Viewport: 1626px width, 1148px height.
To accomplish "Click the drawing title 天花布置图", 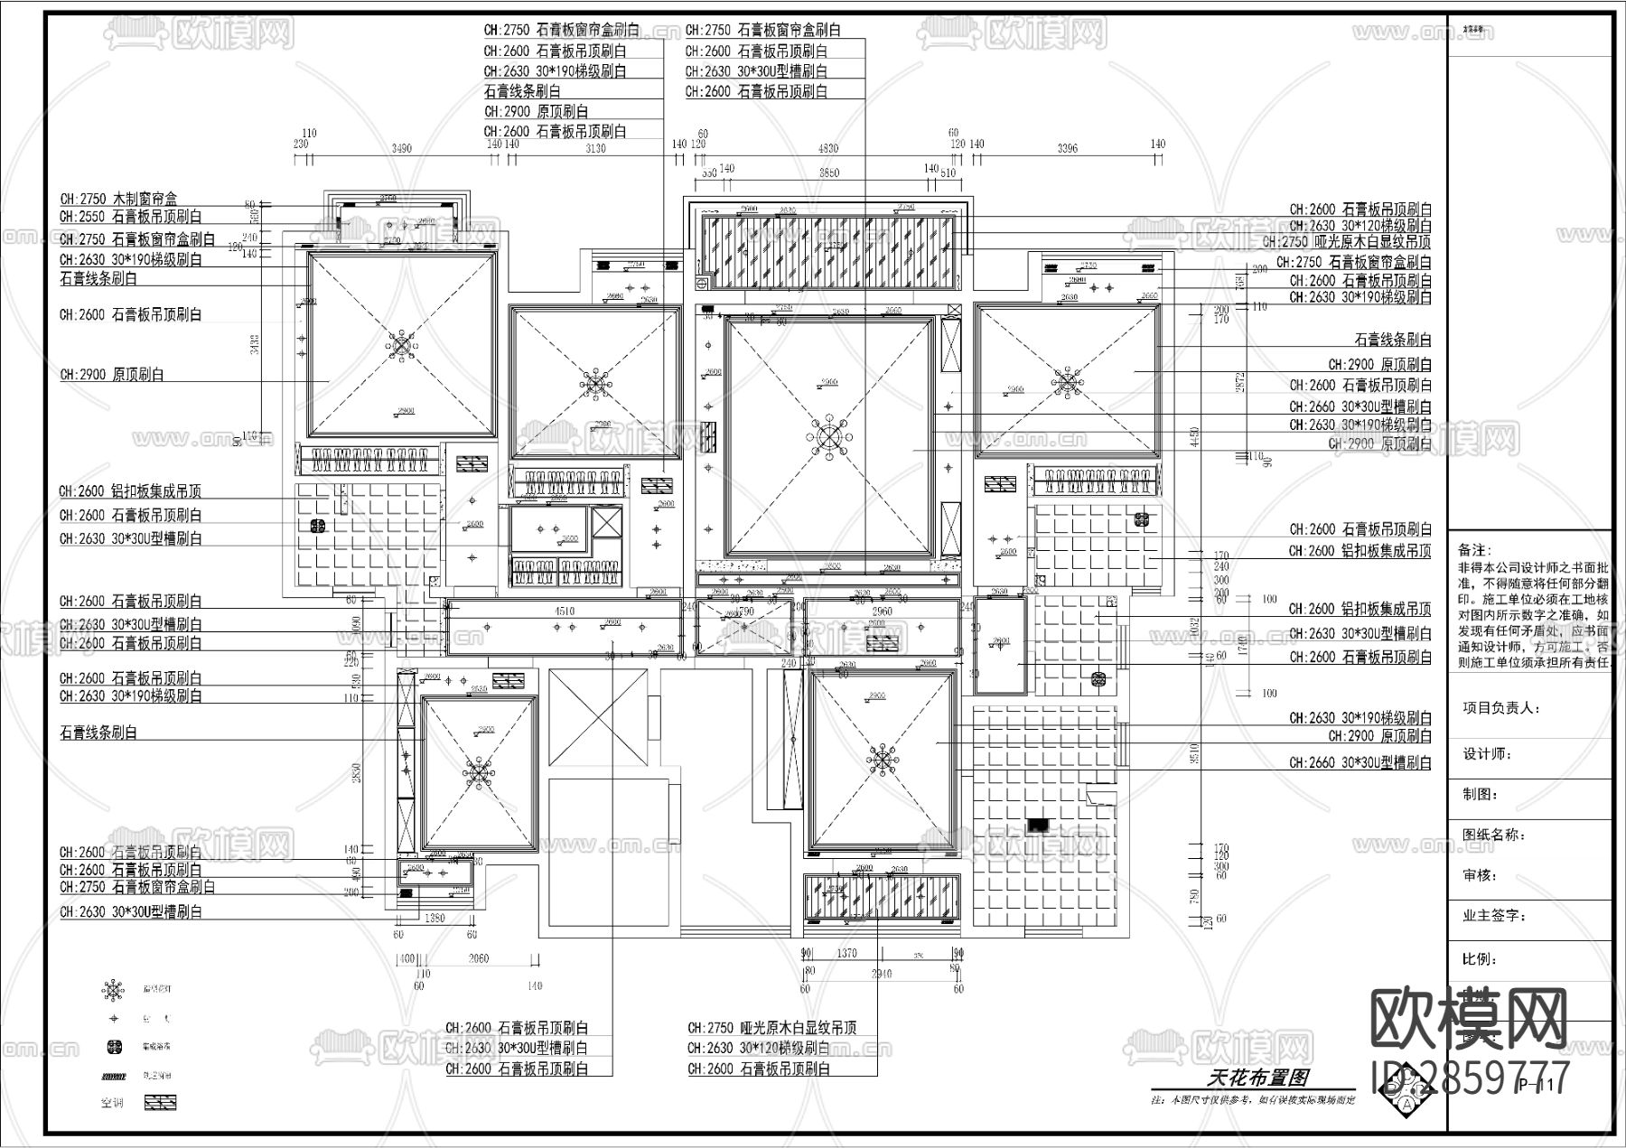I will click(1256, 1078).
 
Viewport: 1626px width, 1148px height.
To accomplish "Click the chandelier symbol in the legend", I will click(114, 990).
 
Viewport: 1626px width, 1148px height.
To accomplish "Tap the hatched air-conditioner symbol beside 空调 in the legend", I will click(161, 1103).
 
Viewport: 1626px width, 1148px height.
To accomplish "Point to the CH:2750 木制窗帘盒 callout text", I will click(118, 199).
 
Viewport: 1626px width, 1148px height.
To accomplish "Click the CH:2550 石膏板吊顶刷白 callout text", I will click(130, 217).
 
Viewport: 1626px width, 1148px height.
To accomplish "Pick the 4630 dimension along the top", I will click(827, 149).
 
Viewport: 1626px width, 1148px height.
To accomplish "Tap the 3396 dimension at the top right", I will click(1067, 149).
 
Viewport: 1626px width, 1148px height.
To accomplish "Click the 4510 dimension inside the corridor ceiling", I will click(564, 611).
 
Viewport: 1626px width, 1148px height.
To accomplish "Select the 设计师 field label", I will click(1487, 753).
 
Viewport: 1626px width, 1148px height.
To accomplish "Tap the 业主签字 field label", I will click(1494, 916).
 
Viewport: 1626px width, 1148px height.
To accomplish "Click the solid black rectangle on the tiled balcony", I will click(1038, 824).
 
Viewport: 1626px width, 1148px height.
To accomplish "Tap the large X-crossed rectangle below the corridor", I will click(598, 718).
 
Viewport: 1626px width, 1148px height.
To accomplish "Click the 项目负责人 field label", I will click(1500, 708).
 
